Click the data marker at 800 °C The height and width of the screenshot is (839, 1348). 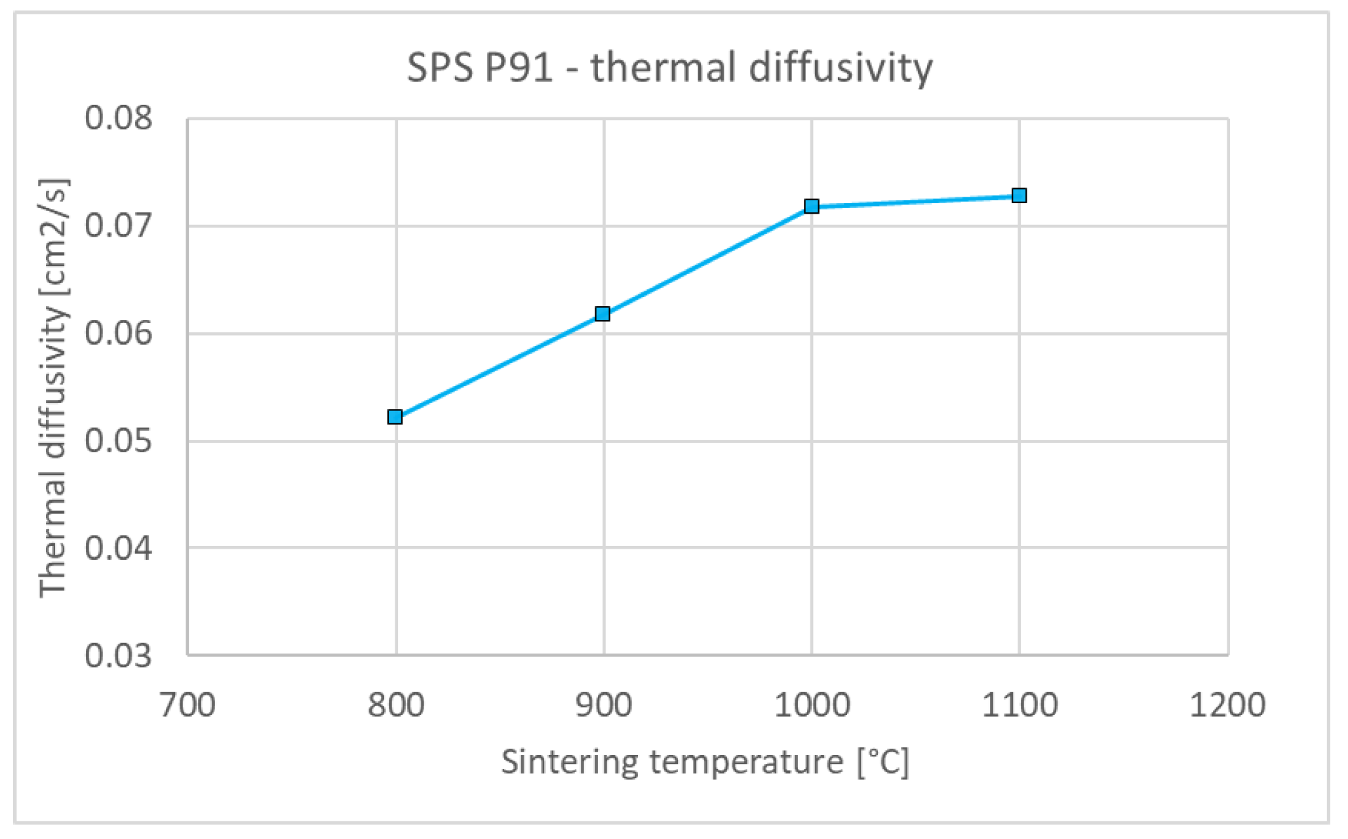395,417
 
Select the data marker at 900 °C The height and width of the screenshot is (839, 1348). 603,314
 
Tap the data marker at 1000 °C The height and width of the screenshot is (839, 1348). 811,206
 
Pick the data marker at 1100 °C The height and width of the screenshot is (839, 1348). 1019,195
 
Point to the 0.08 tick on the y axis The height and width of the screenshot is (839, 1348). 119,118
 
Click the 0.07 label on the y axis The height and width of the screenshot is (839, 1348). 119,225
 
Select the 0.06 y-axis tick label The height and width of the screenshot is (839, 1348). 119,333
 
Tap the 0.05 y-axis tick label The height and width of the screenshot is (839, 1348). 119,440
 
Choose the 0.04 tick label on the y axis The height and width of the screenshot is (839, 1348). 119,547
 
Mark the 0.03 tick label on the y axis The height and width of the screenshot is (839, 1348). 119,655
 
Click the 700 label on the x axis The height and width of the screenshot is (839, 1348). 188,706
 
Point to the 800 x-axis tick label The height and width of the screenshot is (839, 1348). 395,706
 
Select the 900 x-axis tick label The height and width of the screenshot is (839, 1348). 603,706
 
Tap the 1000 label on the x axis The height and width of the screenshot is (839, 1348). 812,706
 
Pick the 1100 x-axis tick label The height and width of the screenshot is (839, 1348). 1020,706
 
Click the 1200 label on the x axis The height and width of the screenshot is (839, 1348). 1227,706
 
